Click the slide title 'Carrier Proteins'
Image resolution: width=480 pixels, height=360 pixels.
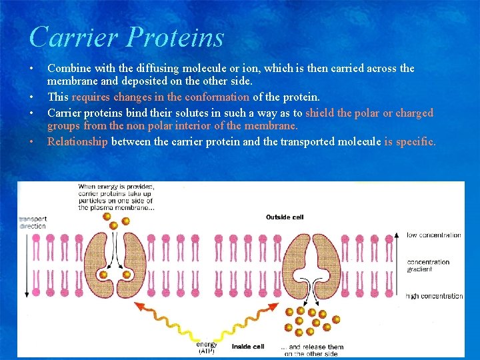pyautogui.click(x=127, y=37)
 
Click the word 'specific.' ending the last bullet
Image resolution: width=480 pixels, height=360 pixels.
pyautogui.click(x=415, y=141)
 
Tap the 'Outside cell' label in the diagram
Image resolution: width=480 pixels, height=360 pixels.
pyautogui.click(x=285, y=217)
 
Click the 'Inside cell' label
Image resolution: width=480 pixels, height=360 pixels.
pyautogui.click(x=248, y=347)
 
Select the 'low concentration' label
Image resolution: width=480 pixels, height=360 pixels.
pyautogui.click(x=434, y=235)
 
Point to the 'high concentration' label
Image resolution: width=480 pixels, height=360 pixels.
pyautogui.click(x=435, y=296)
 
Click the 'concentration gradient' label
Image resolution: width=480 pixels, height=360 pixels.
pyautogui.click(x=428, y=265)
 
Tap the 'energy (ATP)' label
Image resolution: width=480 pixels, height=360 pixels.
pyautogui.click(x=207, y=347)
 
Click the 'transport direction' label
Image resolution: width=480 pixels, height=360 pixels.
pyautogui.click(x=33, y=223)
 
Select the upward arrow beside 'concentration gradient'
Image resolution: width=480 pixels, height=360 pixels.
pyautogui.click(x=398, y=263)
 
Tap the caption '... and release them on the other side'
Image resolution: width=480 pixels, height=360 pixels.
pyautogui.click(x=310, y=350)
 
